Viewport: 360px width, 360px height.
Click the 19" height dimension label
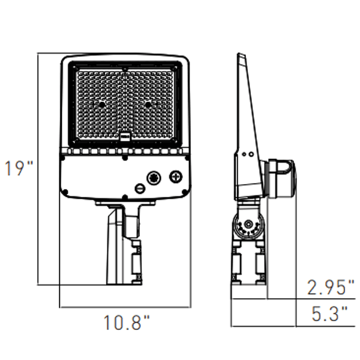pyautogui.click(x=19, y=168)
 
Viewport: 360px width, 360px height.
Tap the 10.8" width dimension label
pyautogui.click(x=127, y=323)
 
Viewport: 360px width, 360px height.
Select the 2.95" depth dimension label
pyautogui.click(x=331, y=287)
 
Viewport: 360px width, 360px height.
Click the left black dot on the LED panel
pyautogui.click(x=102, y=104)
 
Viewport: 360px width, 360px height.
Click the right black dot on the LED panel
pyautogui.click(x=148, y=104)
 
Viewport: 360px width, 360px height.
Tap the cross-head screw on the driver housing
pyautogui.click(x=176, y=177)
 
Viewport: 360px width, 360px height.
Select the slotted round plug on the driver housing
pyautogui.click(x=140, y=188)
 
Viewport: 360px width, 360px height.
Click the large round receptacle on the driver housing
pyautogui.click(x=154, y=178)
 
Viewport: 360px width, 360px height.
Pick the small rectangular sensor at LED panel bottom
pyautogui.click(x=125, y=136)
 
